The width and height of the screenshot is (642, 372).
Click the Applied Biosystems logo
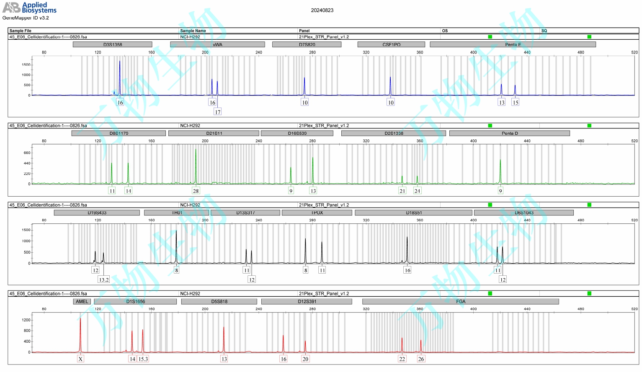tap(29, 8)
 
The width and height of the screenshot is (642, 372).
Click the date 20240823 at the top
tap(322, 10)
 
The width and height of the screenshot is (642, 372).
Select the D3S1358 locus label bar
tap(113, 44)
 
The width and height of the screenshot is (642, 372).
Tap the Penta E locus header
tap(513, 44)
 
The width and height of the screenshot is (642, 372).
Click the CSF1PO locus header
tap(391, 44)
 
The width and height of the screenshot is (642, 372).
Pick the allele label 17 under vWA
tap(217, 112)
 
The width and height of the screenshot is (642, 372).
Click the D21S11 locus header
tap(214, 133)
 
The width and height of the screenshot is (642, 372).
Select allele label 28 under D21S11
tap(196, 191)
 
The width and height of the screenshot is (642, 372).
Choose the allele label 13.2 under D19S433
tap(103, 280)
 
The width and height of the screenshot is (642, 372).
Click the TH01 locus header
tap(177, 213)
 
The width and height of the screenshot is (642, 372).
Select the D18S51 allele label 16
tap(407, 270)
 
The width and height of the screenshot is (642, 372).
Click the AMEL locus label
tap(82, 301)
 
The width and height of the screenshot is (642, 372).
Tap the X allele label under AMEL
tap(80, 359)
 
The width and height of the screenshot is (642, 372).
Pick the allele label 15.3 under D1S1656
tap(143, 359)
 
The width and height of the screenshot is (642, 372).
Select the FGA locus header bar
tap(460, 301)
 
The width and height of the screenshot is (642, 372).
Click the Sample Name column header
tap(193, 31)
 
